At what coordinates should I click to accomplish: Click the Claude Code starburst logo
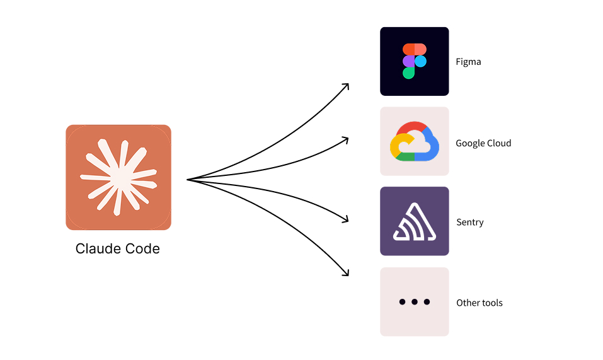tap(118, 177)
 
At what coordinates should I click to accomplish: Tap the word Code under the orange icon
tap(142, 249)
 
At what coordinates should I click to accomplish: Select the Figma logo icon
tap(414, 61)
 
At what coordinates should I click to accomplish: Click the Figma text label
tap(468, 62)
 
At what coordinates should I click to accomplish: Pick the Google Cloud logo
tap(414, 142)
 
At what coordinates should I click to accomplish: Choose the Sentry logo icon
tap(414, 221)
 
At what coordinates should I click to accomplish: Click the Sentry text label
tap(469, 223)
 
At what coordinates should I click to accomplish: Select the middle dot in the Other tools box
tap(414, 302)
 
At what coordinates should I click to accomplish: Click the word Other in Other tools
tap(468, 303)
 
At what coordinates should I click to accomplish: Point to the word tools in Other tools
tap(492, 303)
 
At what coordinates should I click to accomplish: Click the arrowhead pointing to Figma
tap(346, 86)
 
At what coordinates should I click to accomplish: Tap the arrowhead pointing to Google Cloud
tap(346, 138)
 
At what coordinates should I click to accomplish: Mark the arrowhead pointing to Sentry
tap(346, 219)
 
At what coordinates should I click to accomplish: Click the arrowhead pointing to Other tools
tap(346, 273)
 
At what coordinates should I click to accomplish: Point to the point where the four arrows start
tap(188, 180)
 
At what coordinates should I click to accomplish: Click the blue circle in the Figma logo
tap(420, 61)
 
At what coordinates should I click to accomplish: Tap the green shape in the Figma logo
tap(408, 73)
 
